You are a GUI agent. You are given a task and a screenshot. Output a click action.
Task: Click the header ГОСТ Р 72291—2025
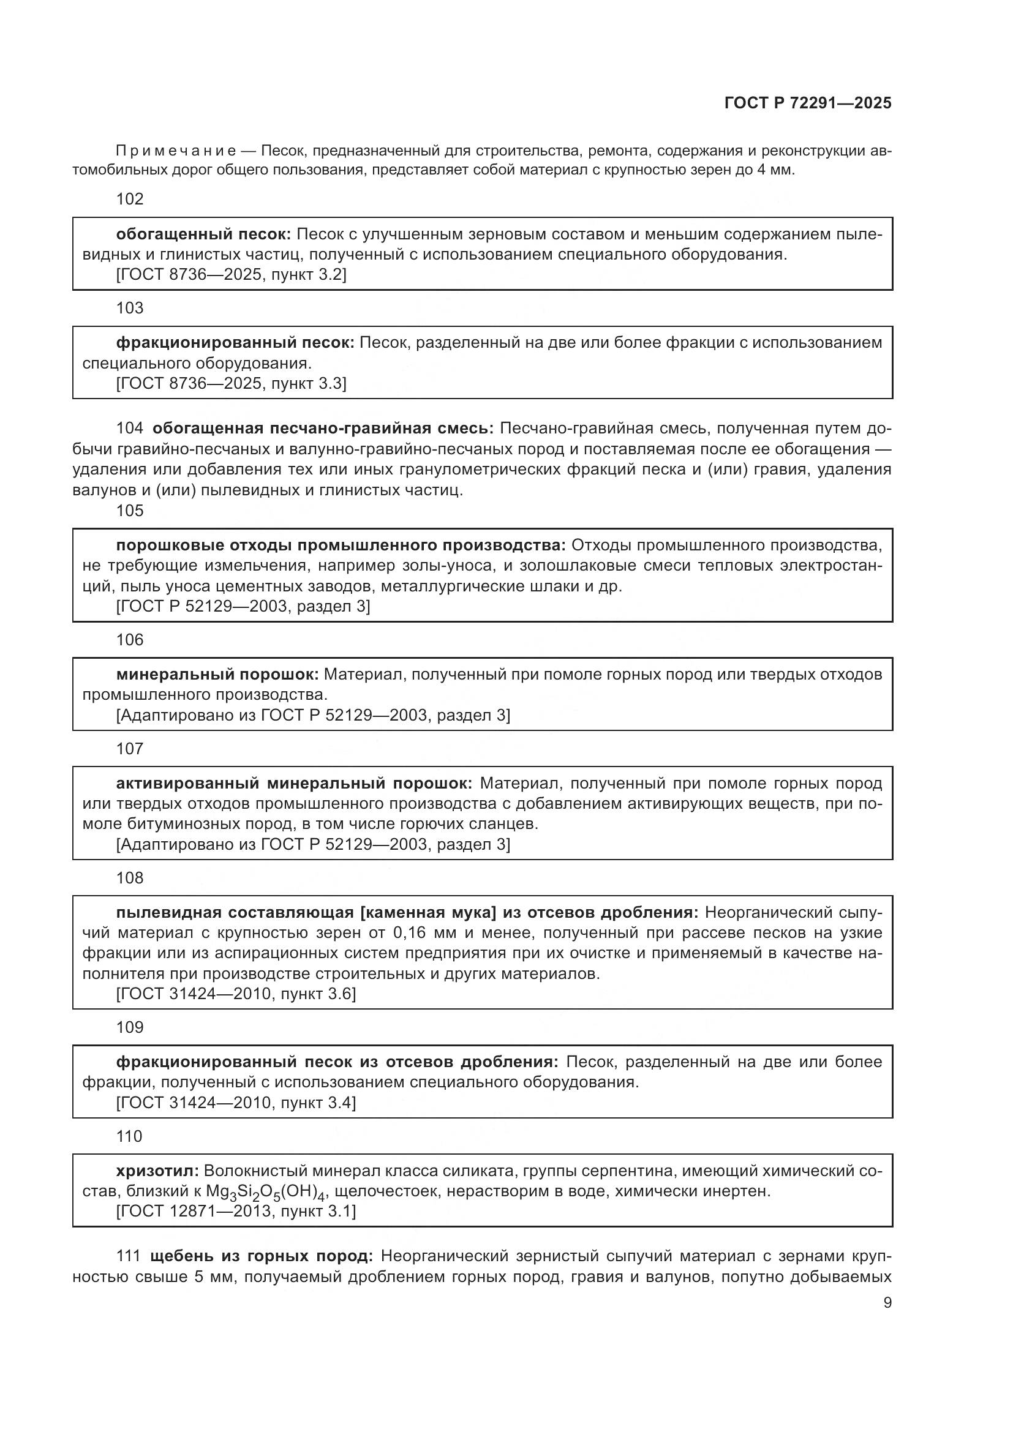click(808, 103)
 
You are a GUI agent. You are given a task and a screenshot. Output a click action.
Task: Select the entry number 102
click(130, 199)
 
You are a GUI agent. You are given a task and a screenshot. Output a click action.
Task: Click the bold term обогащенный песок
click(203, 234)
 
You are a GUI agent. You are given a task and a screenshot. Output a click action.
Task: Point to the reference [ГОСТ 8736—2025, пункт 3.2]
click(232, 274)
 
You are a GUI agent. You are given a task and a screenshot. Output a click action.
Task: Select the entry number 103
click(130, 308)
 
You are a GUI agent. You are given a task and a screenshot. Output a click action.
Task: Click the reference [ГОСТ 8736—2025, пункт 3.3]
click(232, 383)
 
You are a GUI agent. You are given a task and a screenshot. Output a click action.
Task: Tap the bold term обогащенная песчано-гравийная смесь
click(323, 429)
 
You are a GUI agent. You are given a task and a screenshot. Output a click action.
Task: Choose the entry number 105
click(130, 511)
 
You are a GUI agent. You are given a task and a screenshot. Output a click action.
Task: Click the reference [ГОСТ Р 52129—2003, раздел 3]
click(243, 606)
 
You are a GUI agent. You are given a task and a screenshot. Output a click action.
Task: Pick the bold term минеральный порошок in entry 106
click(217, 674)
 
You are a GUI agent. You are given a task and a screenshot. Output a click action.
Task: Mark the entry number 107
click(130, 749)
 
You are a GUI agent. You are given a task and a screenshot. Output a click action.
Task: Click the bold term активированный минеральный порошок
click(295, 784)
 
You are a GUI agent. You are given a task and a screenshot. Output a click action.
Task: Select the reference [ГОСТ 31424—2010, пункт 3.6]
click(236, 994)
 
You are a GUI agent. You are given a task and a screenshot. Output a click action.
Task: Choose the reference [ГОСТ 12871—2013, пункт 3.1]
click(236, 1211)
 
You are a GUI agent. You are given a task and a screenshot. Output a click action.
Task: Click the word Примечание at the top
click(176, 151)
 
